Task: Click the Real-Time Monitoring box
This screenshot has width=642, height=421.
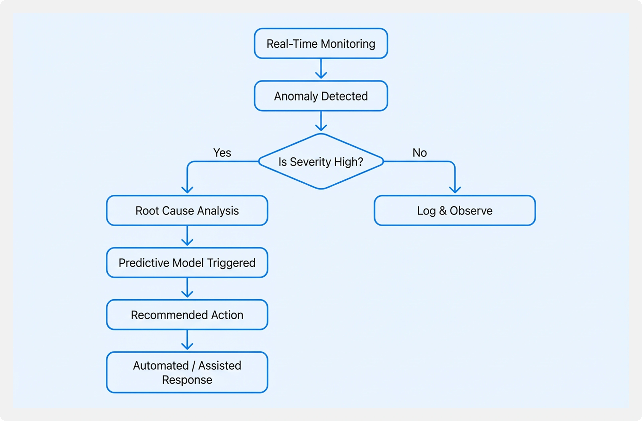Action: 321,43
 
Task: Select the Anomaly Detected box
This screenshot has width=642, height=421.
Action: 321,96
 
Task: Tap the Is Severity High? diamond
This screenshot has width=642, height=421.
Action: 321,162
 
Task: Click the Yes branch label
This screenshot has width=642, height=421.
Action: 222,153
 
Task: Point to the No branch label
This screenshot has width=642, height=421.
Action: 419,153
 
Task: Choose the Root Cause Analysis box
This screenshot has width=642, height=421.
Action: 187,210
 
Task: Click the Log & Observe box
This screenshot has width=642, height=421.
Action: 455,210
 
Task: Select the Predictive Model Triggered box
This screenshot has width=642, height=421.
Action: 187,263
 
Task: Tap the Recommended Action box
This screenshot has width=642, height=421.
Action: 187,315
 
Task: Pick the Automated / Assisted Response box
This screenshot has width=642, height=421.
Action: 187,372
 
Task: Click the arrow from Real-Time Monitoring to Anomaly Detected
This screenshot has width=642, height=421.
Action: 321,69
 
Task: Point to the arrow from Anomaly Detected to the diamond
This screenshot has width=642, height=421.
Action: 321,121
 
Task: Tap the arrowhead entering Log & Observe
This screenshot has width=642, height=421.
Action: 455,189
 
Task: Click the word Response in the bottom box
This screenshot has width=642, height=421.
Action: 187,380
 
